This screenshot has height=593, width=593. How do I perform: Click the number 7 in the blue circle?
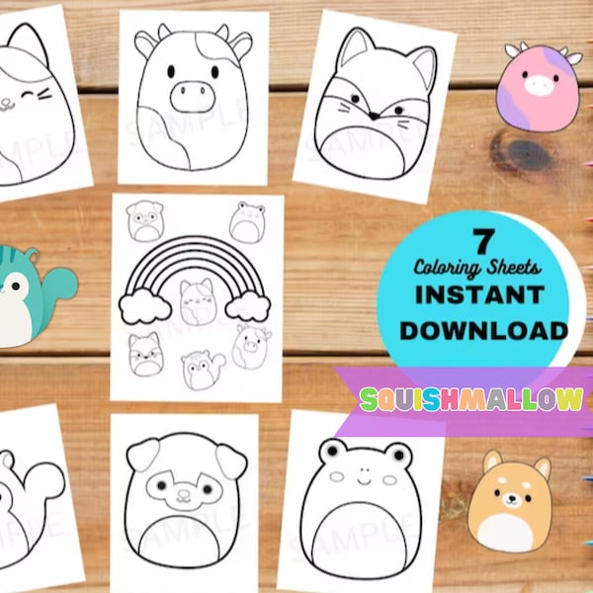pyautogui.click(x=482, y=240)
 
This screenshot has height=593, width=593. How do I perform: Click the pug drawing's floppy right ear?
pyautogui.click(x=231, y=458)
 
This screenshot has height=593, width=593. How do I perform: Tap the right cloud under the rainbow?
pyautogui.click(x=248, y=307)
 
